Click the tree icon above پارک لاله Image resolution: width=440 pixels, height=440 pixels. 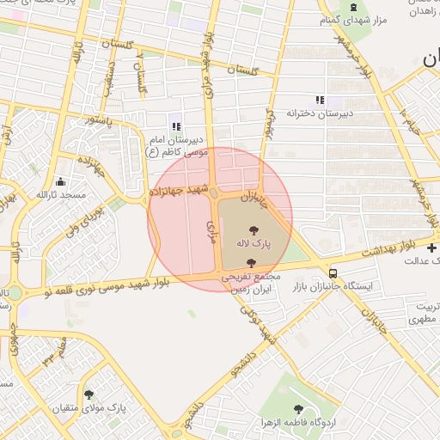[254, 229]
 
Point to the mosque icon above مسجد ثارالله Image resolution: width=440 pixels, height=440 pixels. [60, 182]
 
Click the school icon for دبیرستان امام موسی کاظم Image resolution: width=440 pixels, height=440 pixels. [176, 127]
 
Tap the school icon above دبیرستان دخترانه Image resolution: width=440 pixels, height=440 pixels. [320, 100]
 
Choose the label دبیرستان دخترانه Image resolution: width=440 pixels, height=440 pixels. [321, 113]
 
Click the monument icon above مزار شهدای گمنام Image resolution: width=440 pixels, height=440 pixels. [353, 8]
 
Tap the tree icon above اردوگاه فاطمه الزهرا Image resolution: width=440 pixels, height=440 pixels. [298, 410]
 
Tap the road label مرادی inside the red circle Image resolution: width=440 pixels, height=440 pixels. [211, 228]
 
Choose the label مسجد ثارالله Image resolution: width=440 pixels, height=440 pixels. [61, 196]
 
